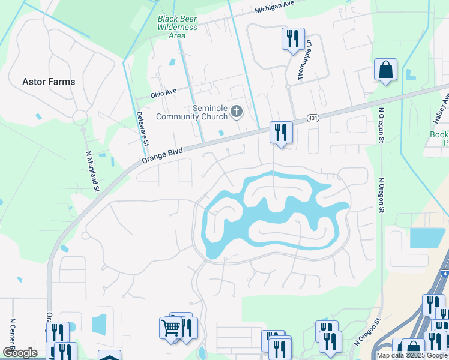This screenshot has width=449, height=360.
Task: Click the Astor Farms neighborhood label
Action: (x=49, y=82)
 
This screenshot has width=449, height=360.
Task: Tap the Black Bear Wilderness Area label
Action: (x=177, y=27)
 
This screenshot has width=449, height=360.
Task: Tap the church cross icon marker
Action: (x=237, y=111)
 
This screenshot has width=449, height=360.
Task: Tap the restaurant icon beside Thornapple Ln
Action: (x=293, y=40)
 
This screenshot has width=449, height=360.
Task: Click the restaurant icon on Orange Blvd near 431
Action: (x=280, y=131)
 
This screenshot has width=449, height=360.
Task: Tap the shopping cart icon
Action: (x=170, y=328)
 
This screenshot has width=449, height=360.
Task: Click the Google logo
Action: (x=20, y=353)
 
